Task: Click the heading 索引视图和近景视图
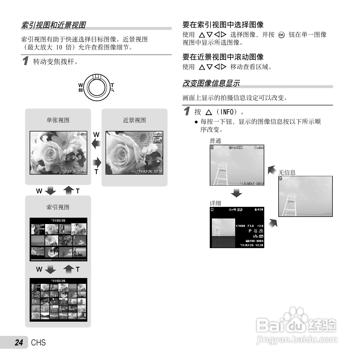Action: [53, 25]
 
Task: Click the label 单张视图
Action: [58, 120]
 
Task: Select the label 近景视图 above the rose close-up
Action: [134, 120]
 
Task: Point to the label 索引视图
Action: [58, 207]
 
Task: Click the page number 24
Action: [19, 343]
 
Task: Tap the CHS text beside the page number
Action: [38, 343]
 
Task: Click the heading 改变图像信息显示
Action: [211, 83]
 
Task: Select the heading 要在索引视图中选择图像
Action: [223, 25]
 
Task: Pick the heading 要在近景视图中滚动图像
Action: [223, 57]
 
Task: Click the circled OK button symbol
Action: [281, 35]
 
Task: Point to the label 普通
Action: [215, 141]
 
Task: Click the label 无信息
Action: [287, 173]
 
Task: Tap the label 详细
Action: [215, 203]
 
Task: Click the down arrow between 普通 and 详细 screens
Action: [236, 193]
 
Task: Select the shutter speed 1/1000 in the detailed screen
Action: [240, 226]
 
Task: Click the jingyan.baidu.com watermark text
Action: [297, 339]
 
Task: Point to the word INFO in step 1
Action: [227, 112]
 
